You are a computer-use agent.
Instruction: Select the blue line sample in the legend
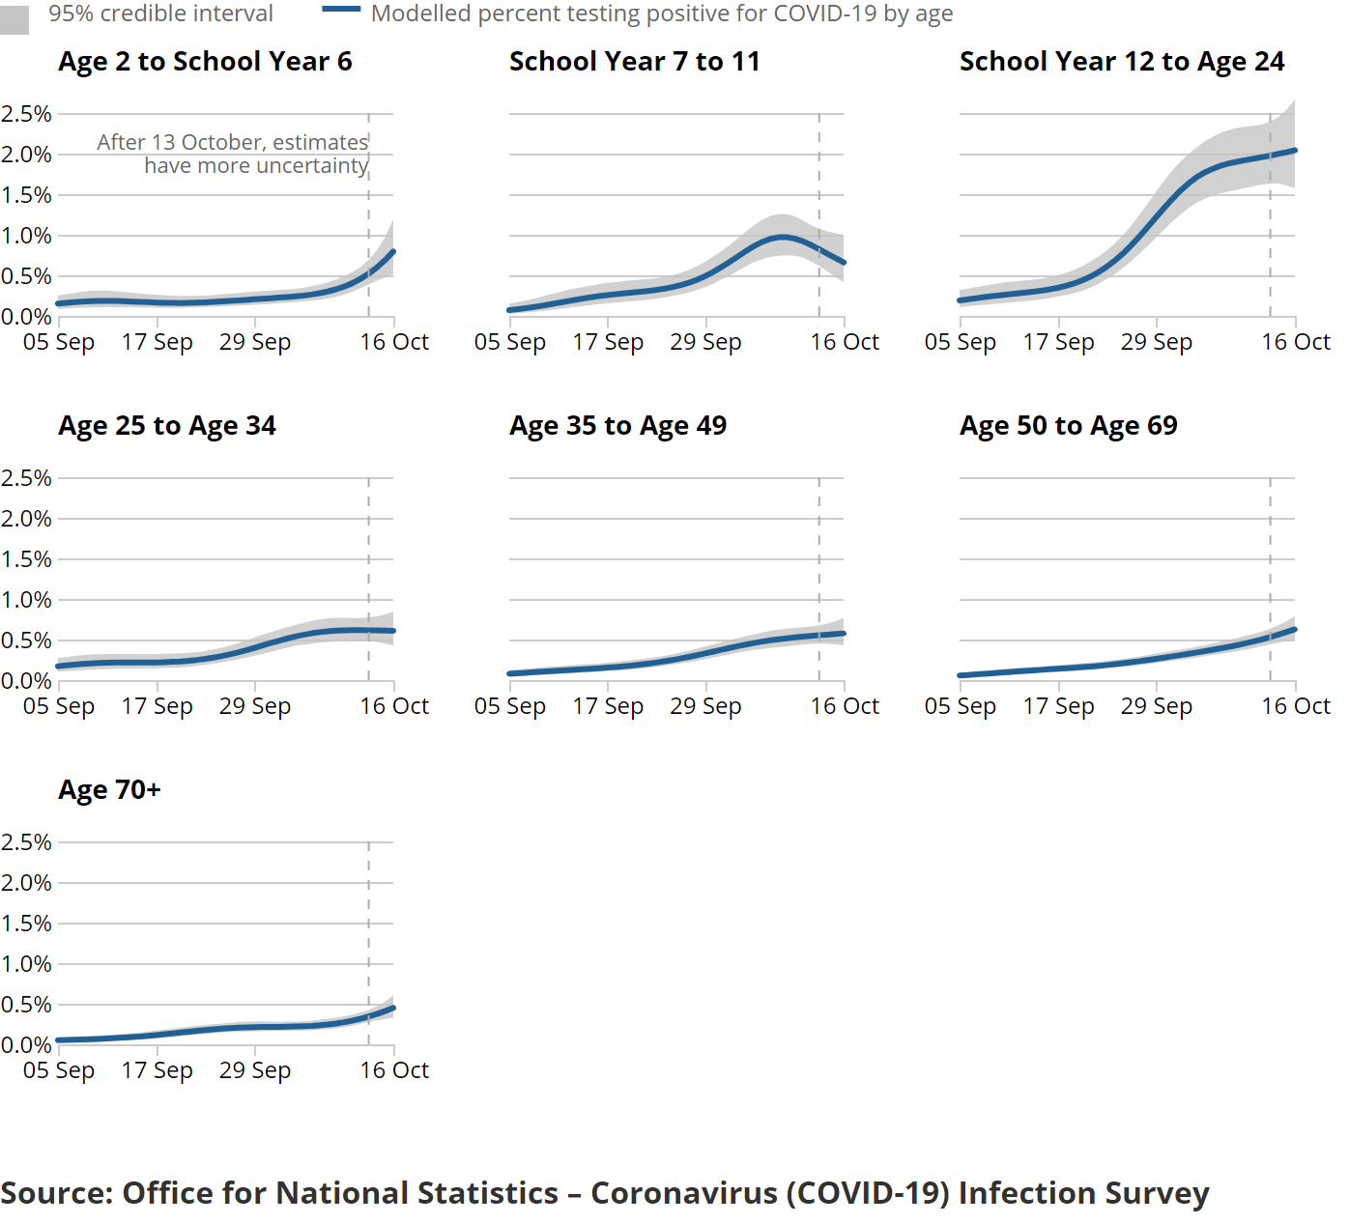coord(341,10)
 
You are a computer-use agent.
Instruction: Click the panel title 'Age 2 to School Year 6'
coord(205,62)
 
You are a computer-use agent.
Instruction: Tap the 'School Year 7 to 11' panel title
coord(634,62)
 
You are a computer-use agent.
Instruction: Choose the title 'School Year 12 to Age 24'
coord(1121,62)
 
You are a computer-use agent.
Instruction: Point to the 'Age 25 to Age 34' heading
coord(167,426)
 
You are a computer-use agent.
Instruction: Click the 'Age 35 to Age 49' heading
coord(617,426)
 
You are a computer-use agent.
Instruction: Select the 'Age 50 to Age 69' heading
coord(1068,426)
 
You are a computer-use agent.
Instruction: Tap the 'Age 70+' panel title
coord(109,790)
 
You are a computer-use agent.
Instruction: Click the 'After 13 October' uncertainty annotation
coord(233,155)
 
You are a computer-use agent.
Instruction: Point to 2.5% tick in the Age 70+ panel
coord(26,842)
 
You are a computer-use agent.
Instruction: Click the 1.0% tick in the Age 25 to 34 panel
coord(26,600)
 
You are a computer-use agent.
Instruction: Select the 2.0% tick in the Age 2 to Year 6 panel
coord(26,155)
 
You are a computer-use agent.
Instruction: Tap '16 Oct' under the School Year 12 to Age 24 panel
coord(1295,342)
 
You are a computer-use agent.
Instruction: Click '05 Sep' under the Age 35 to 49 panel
coord(509,706)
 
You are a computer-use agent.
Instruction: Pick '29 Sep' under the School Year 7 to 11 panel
coord(705,342)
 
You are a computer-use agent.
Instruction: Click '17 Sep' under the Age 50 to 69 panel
coord(1058,706)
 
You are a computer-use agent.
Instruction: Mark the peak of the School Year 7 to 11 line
coord(781,237)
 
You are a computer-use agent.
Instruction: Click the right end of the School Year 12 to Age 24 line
coord(1294,151)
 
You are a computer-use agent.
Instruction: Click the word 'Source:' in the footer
coord(56,1194)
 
